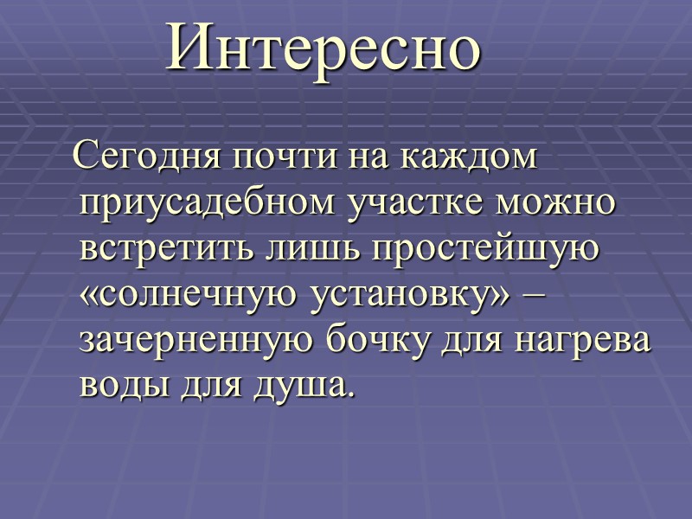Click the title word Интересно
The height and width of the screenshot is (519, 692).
[x=324, y=48]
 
